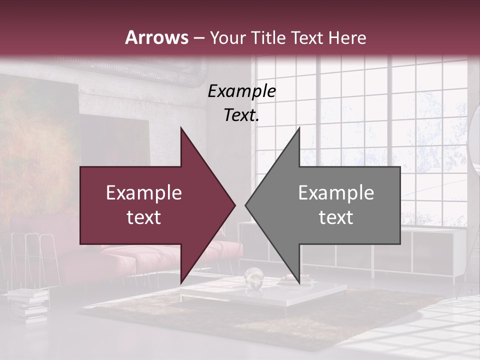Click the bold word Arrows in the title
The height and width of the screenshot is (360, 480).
157,37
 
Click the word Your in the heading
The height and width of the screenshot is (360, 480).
226,37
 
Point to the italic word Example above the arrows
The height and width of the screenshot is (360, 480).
241,91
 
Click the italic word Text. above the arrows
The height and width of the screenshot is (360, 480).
241,115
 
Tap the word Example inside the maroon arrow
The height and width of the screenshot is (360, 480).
143,192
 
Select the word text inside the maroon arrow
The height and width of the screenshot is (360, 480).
143,217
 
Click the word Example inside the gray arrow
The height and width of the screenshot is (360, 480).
336,192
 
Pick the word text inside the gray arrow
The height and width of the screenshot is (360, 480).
336,217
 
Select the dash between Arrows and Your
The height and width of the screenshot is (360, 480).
198,38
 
